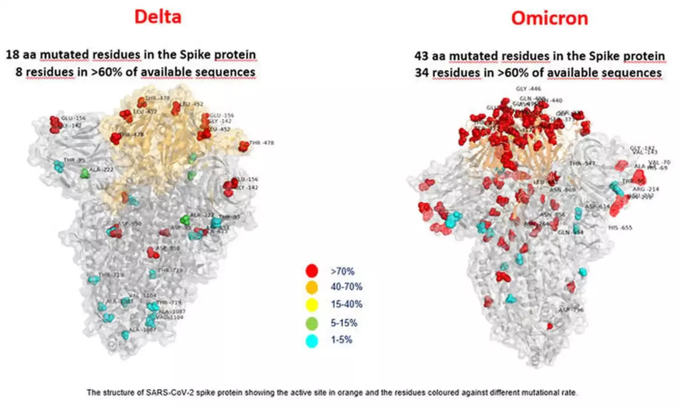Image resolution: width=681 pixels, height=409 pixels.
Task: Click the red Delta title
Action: (158, 17)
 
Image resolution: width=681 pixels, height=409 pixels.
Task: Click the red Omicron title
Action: (549, 18)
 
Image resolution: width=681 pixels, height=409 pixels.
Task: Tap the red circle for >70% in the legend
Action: (311, 271)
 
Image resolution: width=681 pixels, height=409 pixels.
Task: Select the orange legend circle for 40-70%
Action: (311, 287)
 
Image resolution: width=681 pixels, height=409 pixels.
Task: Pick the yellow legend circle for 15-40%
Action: (311, 304)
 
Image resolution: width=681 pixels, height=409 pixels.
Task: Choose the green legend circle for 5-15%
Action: (311, 323)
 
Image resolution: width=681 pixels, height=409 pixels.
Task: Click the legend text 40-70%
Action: (346, 287)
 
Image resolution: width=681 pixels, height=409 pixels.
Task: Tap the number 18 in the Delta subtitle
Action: (12, 55)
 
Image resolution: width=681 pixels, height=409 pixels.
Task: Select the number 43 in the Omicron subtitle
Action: (421, 56)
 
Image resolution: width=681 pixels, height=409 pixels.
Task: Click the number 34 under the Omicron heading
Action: (422, 73)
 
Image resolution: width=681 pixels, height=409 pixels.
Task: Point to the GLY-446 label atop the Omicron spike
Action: (528, 89)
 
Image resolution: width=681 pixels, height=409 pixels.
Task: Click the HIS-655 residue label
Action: (620, 227)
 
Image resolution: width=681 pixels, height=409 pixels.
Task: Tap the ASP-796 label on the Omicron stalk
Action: (571, 309)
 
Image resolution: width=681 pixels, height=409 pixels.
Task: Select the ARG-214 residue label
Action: (646, 189)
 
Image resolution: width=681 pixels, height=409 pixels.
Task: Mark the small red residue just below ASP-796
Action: (550, 326)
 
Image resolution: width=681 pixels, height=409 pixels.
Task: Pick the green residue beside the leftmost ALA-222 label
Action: (84, 173)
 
